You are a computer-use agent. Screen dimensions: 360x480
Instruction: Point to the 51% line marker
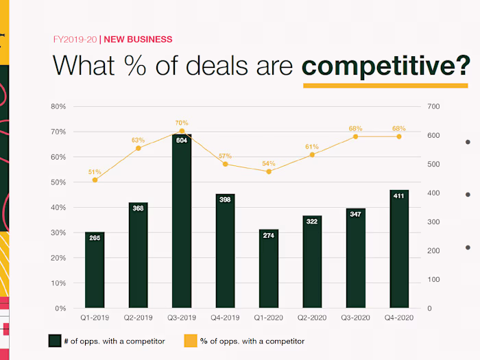95,180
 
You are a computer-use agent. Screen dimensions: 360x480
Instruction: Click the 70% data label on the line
182,123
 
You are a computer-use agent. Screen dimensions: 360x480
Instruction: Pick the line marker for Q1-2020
269,171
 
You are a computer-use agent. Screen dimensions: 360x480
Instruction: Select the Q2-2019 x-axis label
139,319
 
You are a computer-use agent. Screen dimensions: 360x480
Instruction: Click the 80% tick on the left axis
58,106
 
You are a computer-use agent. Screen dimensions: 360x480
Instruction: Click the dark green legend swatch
54,341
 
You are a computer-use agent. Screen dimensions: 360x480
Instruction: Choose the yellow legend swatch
190,341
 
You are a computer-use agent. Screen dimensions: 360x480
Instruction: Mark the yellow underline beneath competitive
385,85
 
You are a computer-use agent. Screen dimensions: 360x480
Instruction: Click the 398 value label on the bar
225,200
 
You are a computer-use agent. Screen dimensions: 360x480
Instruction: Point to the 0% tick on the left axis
60,309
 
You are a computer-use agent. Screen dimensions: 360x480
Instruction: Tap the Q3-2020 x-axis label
355,319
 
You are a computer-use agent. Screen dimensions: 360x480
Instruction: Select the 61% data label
312,146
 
